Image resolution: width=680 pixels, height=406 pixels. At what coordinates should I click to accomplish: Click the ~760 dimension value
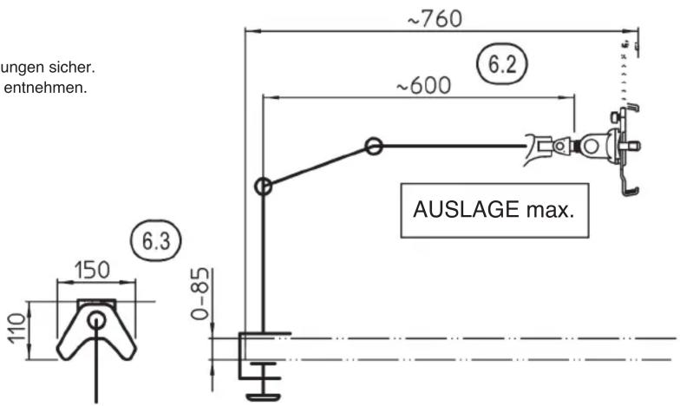435,19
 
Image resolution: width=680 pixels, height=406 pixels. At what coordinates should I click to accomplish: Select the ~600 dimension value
423,85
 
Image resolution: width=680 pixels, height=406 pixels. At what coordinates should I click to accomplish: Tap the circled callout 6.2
502,64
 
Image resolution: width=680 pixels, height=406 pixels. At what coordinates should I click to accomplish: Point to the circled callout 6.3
156,241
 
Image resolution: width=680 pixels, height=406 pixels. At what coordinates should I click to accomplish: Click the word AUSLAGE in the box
466,210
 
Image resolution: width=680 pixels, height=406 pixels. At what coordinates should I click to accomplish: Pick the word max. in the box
550,210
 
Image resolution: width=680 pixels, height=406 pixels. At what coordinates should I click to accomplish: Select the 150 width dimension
93,270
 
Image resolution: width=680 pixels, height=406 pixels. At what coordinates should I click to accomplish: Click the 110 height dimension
17,329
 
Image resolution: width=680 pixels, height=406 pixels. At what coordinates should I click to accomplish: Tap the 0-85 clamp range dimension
200,293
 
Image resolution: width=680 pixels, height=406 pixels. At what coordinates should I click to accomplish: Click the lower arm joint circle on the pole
264,187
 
